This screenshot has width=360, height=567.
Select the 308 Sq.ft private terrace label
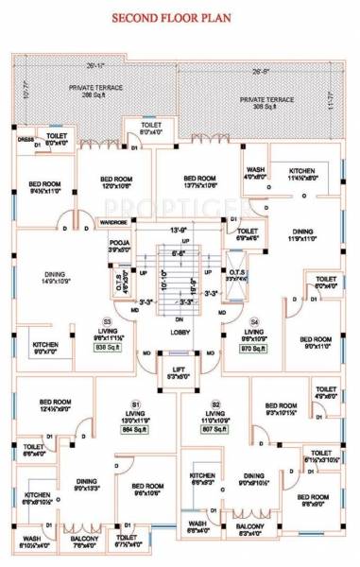pyautogui.click(x=266, y=103)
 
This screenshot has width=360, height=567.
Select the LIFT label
pyautogui.click(x=179, y=371)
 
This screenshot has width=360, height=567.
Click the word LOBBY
pyautogui.click(x=179, y=333)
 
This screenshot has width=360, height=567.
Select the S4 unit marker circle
pyautogui.click(x=254, y=323)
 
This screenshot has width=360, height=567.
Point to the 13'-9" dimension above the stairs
pyautogui.click(x=179, y=230)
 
